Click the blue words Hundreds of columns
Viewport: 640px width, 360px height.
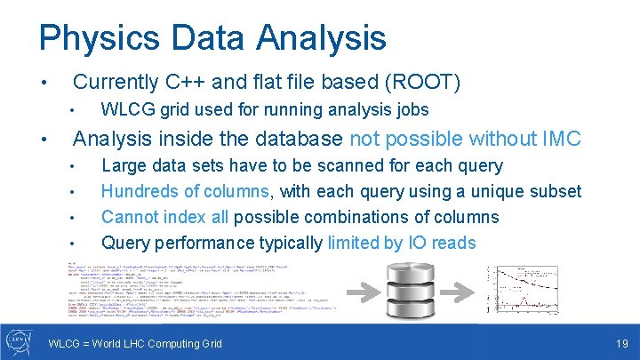coord(184,191)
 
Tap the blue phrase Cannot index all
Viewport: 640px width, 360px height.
coord(164,217)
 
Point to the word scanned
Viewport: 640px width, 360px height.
coord(355,165)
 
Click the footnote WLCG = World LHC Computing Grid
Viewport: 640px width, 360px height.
coord(135,343)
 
